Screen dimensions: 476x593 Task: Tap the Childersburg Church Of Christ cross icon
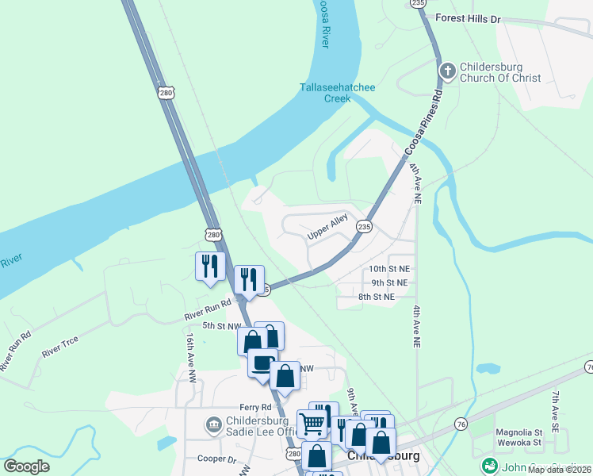tap(447, 72)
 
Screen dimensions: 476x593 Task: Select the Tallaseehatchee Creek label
tap(337, 93)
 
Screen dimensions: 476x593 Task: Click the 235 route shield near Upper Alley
tap(364, 226)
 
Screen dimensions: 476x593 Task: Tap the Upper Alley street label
tap(328, 231)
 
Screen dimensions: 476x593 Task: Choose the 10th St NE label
tap(389, 270)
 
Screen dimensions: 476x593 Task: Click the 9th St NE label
tap(388, 282)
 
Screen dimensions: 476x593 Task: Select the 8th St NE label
tap(377, 297)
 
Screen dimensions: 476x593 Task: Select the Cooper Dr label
tap(217, 459)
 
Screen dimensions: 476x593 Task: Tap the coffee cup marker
tap(262, 363)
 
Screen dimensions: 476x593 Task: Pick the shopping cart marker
tap(312, 423)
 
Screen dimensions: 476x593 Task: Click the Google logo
tap(26, 466)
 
